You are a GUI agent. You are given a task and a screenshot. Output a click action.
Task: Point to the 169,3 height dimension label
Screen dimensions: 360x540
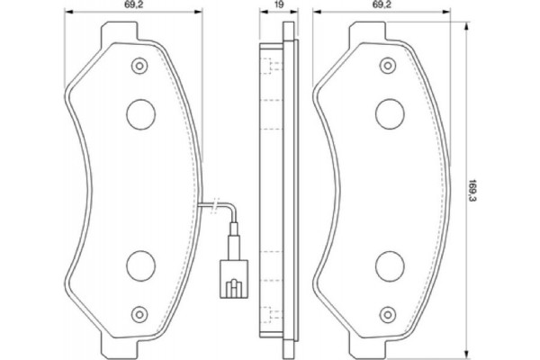click(x=475, y=189)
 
